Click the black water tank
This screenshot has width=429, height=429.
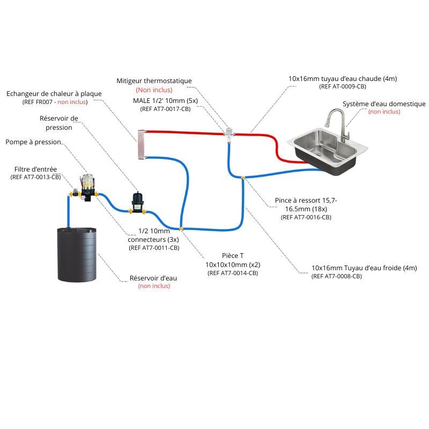click(x=77, y=255)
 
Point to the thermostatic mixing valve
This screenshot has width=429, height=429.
click(x=229, y=132)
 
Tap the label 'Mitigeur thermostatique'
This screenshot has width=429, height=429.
click(x=154, y=81)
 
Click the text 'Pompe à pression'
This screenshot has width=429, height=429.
click(x=33, y=142)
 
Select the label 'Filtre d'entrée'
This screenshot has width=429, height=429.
click(x=35, y=169)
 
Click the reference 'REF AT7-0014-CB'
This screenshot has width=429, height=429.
click(x=233, y=273)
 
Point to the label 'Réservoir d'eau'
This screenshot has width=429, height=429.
click(x=153, y=278)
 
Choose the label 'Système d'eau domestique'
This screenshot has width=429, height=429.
click(x=384, y=103)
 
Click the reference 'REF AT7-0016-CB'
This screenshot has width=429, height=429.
click(x=306, y=217)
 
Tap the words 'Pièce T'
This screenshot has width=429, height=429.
click(x=233, y=256)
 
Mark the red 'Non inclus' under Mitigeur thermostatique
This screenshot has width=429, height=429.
click(x=154, y=90)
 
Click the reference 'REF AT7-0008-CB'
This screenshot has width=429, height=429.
click(x=337, y=276)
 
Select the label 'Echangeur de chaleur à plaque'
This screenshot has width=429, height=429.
click(x=54, y=94)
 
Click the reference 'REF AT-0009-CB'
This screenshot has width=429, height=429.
click(x=343, y=86)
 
